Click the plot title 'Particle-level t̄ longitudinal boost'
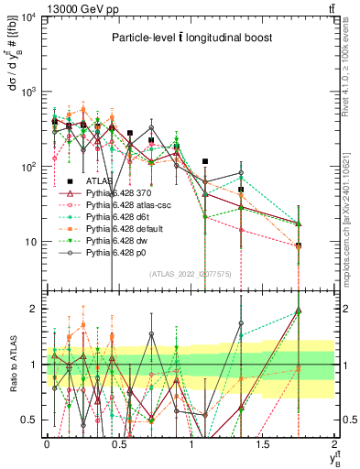(189, 38)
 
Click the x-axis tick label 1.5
(263, 443)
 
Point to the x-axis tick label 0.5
(118, 443)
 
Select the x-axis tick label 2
(335, 443)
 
